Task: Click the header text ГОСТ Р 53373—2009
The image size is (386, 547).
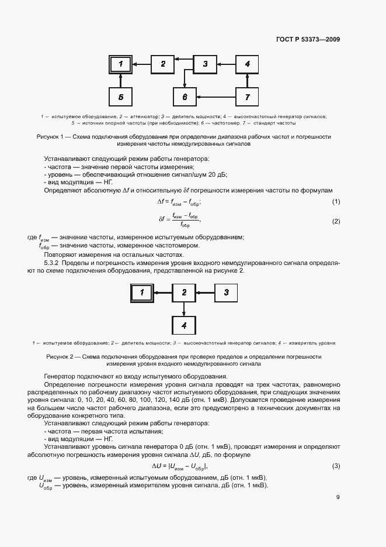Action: [308, 40]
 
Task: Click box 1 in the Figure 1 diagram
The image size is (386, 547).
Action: [120, 64]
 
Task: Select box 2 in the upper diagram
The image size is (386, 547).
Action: [163, 64]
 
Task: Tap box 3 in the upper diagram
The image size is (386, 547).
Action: [205, 64]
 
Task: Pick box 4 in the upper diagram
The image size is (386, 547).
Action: [247, 64]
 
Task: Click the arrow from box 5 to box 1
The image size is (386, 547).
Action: [120, 80]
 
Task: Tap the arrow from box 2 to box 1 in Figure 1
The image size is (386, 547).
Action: [141, 64]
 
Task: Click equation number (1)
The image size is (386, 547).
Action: [336, 202]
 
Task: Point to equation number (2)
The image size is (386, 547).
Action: [336, 221]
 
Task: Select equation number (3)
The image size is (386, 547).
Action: [336, 466]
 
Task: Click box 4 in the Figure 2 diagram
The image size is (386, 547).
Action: [184, 325]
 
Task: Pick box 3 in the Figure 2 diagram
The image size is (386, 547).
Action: [227, 292]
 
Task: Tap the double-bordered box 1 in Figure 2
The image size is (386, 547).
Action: [142, 292]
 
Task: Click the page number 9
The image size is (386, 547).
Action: [338, 497]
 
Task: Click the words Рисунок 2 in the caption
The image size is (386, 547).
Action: [59, 356]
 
